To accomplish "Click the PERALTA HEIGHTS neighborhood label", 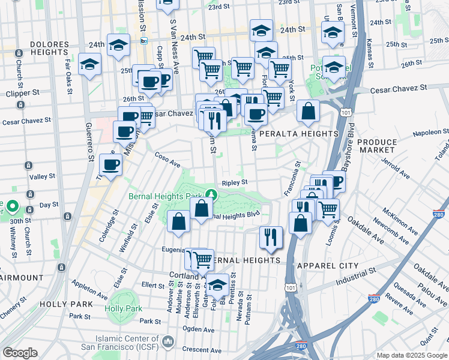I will coord(298,134).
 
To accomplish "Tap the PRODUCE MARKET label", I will coord(377,146).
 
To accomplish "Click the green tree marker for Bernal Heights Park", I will coord(211,194).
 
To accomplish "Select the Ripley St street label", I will coord(235,182).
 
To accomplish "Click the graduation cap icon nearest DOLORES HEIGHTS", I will coord(90,64).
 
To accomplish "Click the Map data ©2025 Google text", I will coord(412,355).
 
